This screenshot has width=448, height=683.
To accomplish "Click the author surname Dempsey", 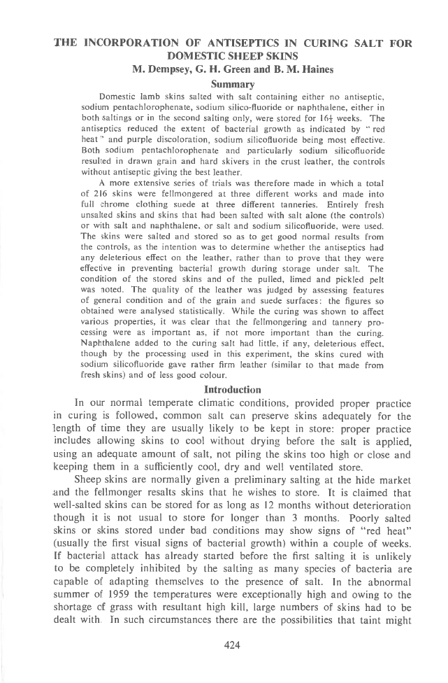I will click(175, 69).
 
